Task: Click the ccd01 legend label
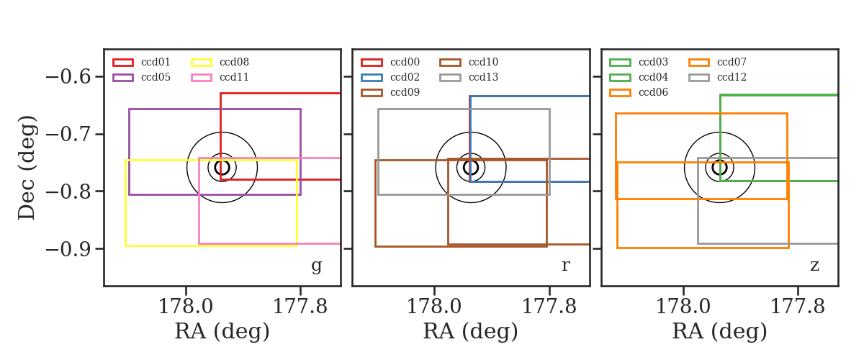(156, 62)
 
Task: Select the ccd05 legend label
(156, 77)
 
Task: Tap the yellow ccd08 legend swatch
(202, 63)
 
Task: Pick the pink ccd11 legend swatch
(202, 78)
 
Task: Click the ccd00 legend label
(405, 62)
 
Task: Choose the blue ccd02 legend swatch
(372, 78)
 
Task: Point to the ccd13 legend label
(483, 77)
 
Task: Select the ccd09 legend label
(405, 92)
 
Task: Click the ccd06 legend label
(653, 92)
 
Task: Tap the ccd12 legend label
(732, 77)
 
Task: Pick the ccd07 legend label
(732, 62)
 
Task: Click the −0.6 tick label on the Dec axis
(68, 77)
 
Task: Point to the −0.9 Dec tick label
(68, 249)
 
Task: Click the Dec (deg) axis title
(27, 168)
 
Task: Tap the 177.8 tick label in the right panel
(797, 307)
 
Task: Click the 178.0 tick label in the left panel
(186, 307)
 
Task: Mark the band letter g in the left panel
(316, 266)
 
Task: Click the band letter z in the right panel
(814, 266)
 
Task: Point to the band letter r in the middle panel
(565, 266)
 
